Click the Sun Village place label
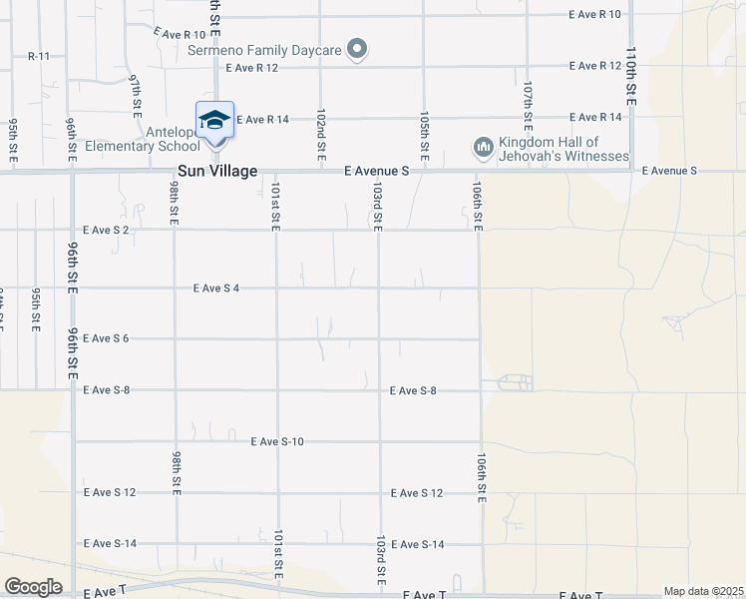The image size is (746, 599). pos(217,172)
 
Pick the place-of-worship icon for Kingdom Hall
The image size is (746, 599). pos(484,149)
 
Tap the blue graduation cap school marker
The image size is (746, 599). pos(214,120)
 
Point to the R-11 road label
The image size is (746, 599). pos(39,56)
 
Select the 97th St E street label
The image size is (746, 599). pos(137,93)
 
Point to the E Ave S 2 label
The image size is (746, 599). pos(107,230)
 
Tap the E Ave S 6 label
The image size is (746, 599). pos(107,338)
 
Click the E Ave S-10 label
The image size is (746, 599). pos(277,440)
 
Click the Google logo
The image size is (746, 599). pos(33,587)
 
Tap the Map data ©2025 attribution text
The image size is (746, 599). pos(702,591)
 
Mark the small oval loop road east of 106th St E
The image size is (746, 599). pos(515,383)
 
